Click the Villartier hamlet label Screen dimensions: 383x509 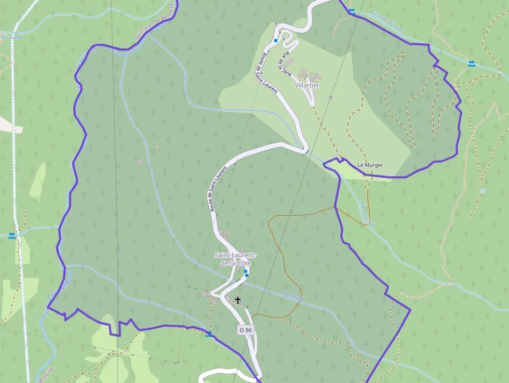[x=307, y=85]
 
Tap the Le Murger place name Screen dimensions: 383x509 [x=370, y=165]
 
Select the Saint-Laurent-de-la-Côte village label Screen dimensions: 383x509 [x=236, y=259]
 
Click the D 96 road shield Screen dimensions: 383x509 [x=246, y=330]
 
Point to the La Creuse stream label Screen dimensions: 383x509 [x=292, y=295]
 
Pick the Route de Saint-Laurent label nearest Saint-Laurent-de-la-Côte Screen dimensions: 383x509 [x=219, y=189]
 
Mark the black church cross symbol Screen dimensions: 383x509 [x=238, y=300]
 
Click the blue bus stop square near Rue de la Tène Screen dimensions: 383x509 [x=276, y=40]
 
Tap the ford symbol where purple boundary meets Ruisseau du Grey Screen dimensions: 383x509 [x=352, y=11]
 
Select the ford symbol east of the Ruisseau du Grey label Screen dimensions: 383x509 [x=471, y=63]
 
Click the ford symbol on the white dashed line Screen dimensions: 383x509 [x=12, y=236]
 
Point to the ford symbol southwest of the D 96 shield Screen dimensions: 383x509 [x=208, y=334]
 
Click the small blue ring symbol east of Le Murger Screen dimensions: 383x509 [x=483, y=191]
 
